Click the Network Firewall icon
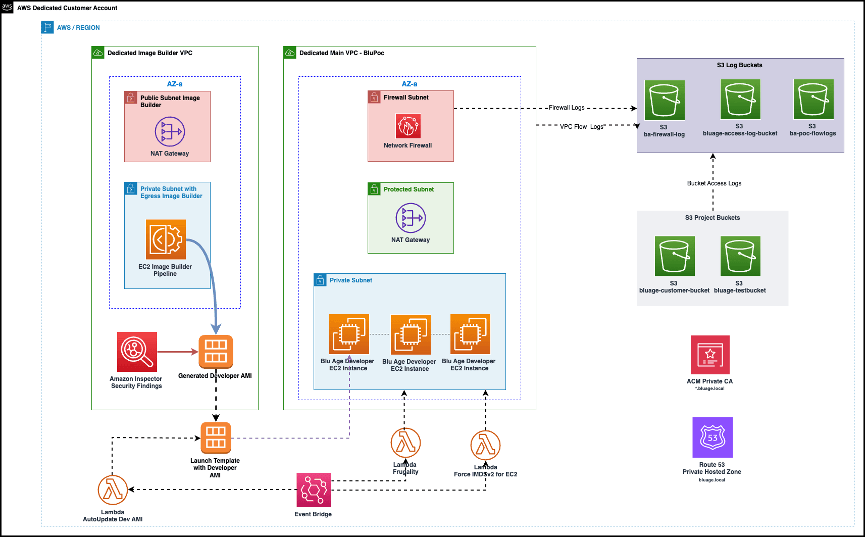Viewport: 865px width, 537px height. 408,126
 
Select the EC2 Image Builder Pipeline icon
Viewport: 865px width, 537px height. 166,239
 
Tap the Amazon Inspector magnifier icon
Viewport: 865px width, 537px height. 137,352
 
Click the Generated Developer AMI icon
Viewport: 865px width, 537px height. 216,352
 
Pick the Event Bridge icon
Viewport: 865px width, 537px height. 314,490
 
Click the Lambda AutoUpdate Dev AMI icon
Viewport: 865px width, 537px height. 113,490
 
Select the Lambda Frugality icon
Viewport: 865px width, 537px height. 405,443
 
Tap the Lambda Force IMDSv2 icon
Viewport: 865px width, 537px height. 485,445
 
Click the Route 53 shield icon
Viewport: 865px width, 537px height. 712,437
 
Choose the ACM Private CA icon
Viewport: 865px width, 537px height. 710,355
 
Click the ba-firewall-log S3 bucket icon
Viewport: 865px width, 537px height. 665,100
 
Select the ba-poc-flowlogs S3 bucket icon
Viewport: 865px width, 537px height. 813,99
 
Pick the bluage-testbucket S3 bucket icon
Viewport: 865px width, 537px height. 740,256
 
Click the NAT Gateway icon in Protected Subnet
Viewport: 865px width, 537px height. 411,218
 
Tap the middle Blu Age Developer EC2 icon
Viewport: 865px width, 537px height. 411,334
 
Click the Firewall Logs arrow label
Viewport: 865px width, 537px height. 567,108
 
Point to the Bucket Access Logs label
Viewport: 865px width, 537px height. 714,183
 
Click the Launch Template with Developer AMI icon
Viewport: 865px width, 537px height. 216,438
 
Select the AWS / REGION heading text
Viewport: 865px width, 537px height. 78,28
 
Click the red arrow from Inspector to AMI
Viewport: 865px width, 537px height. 177,352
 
